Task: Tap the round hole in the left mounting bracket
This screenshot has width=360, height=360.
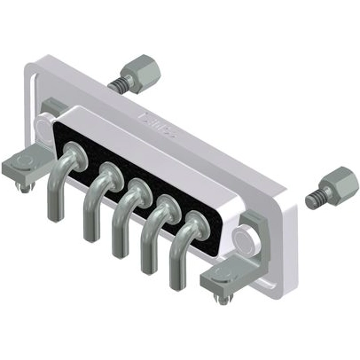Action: pyautogui.click(x=27, y=160)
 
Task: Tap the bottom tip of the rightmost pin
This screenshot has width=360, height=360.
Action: pyautogui.click(x=176, y=283)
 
